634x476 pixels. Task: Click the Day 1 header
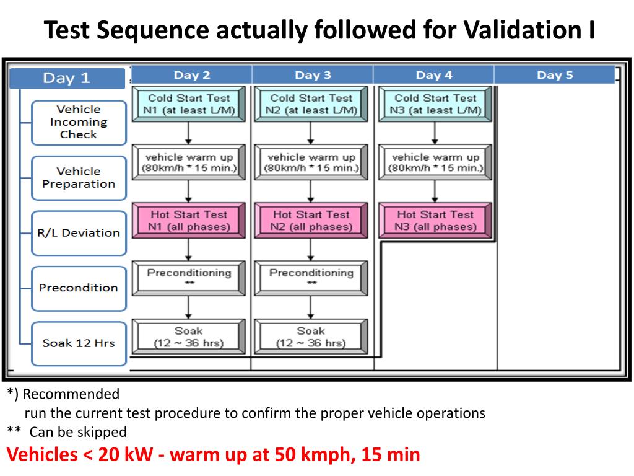[66, 78]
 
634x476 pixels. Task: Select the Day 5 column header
[555, 75]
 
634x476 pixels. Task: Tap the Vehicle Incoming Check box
[79, 122]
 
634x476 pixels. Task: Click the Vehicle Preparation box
[79, 177]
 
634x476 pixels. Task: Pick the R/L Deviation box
[79, 233]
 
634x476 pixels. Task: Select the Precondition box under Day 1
[79, 288]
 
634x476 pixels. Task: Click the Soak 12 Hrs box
[79, 343]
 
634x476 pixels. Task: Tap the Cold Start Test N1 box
[189, 104]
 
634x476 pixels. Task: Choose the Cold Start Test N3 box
[436, 104]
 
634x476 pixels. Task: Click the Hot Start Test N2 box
[311, 221]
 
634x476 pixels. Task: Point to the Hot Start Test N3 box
[436, 221]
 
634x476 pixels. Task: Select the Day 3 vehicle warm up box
[311, 162]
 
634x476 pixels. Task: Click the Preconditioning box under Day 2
[189, 278]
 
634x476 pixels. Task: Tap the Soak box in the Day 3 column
[311, 337]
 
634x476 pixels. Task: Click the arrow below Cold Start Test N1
[189, 133]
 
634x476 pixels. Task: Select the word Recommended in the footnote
[71, 394]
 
